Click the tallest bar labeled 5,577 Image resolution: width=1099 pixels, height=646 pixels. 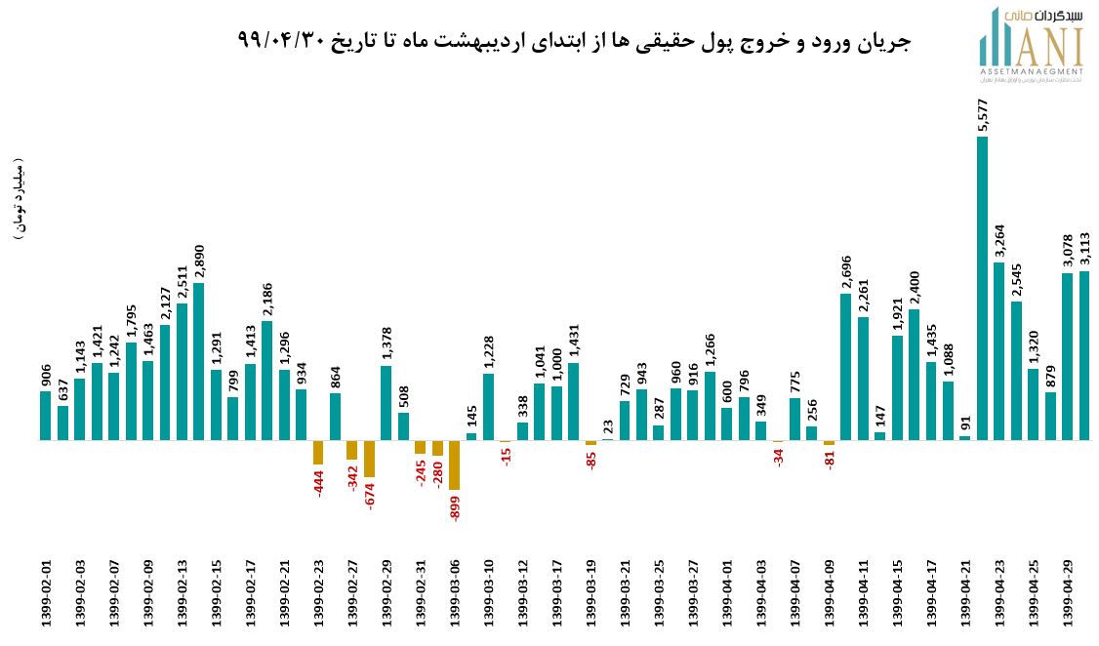tap(982, 288)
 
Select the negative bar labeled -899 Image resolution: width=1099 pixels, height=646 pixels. tap(454, 464)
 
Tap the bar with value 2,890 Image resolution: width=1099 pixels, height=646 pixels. tap(199, 361)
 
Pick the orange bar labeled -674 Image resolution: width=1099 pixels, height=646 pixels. tap(369, 459)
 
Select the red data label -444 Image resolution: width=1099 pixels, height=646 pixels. tap(319, 482)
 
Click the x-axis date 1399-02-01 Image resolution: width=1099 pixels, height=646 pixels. tap(46, 594)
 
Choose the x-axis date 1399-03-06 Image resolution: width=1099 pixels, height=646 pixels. tap(454, 594)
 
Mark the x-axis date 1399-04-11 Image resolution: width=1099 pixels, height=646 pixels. tap(863, 594)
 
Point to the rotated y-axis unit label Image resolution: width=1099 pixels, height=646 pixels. tap(20, 199)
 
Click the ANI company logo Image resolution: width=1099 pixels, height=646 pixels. tap(1032, 46)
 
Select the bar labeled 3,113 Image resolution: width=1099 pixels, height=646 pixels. tap(1084, 356)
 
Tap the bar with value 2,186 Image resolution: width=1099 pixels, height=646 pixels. tap(266, 381)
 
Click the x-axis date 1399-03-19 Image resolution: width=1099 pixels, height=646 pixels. tap(590, 594)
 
